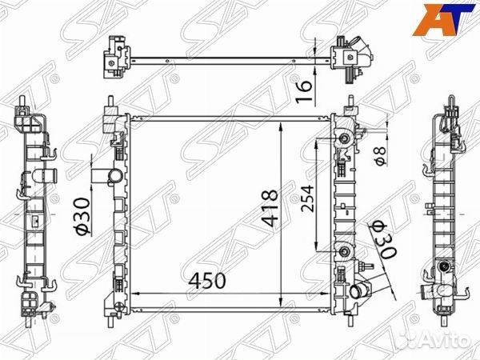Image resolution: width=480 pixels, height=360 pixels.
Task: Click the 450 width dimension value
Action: [207, 282]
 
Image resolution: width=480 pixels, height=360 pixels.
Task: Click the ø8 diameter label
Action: [382, 151]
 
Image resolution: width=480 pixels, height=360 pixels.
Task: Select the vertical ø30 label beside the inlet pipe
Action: [82, 216]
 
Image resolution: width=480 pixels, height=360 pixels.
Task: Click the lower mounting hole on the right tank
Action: [344, 254]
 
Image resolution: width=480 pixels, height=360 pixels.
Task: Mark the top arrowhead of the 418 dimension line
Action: [279, 129]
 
